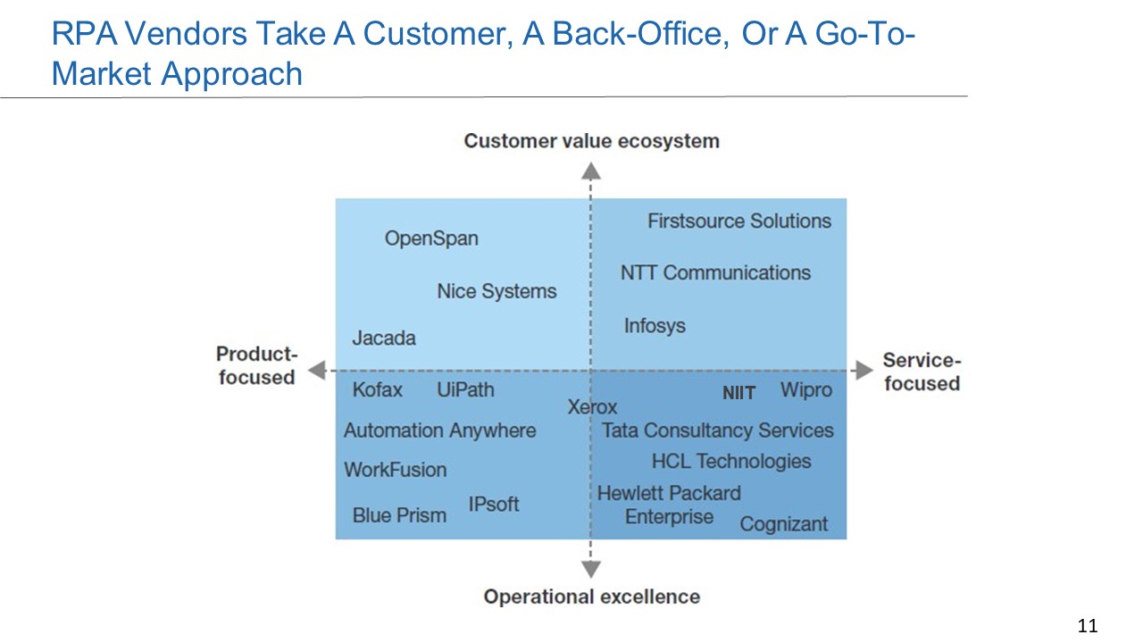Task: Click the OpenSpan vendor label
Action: tap(431, 238)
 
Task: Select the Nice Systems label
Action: tap(496, 291)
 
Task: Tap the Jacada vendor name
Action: tap(384, 338)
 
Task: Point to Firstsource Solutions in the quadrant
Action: tap(739, 221)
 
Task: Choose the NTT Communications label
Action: tap(715, 272)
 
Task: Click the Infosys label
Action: tap(655, 326)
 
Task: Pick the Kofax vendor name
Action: tap(377, 390)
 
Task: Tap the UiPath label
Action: tap(465, 390)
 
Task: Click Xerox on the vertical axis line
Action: tap(592, 407)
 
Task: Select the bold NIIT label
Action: tap(738, 393)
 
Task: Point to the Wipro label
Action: tap(806, 390)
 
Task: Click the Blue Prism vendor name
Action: tap(399, 515)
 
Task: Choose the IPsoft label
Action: tap(494, 505)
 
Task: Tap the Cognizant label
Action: tap(784, 524)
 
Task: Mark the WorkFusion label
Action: tap(395, 470)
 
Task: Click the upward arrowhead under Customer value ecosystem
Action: tap(591, 171)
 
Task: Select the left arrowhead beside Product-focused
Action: tap(317, 370)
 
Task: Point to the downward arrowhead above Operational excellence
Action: tap(591, 569)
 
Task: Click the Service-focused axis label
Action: tap(922, 372)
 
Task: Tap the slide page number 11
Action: tap(1088, 626)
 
